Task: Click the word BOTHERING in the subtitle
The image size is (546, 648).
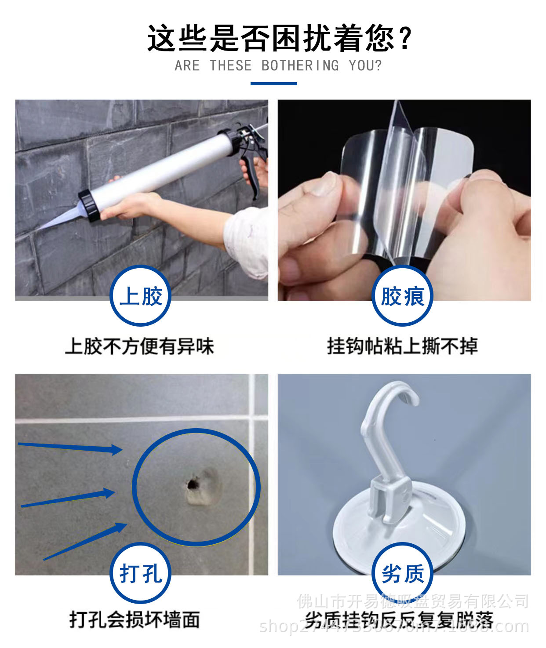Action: (300, 66)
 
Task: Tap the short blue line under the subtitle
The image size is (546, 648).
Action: (273, 84)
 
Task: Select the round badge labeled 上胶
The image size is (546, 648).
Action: (140, 296)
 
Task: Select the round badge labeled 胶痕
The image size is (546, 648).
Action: (402, 296)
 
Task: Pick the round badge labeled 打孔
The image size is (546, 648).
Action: (140, 573)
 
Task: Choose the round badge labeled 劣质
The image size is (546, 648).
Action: (402, 573)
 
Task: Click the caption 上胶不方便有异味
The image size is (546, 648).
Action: (139, 346)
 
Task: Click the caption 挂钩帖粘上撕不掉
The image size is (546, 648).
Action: (402, 346)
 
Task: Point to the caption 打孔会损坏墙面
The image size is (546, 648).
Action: (135, 619)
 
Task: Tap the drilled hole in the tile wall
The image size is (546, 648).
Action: (192, 485)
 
